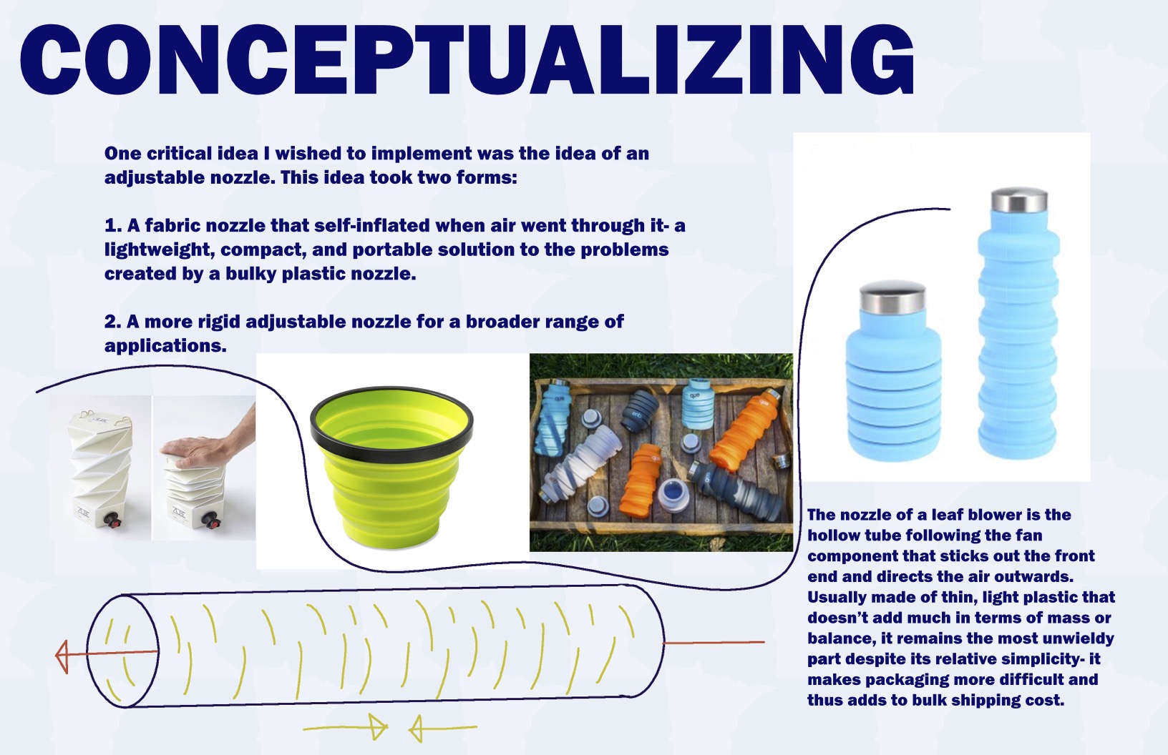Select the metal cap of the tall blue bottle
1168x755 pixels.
1019,200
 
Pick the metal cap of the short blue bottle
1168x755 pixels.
892,297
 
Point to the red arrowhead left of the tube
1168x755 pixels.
62,656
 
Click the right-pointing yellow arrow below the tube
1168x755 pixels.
345,726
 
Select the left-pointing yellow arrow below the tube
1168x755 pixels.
443,727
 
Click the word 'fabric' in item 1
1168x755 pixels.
167,225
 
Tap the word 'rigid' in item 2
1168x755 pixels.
218,322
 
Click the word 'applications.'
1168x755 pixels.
165,346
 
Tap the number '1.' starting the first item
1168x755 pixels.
113,226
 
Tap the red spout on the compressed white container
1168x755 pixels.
210,520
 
